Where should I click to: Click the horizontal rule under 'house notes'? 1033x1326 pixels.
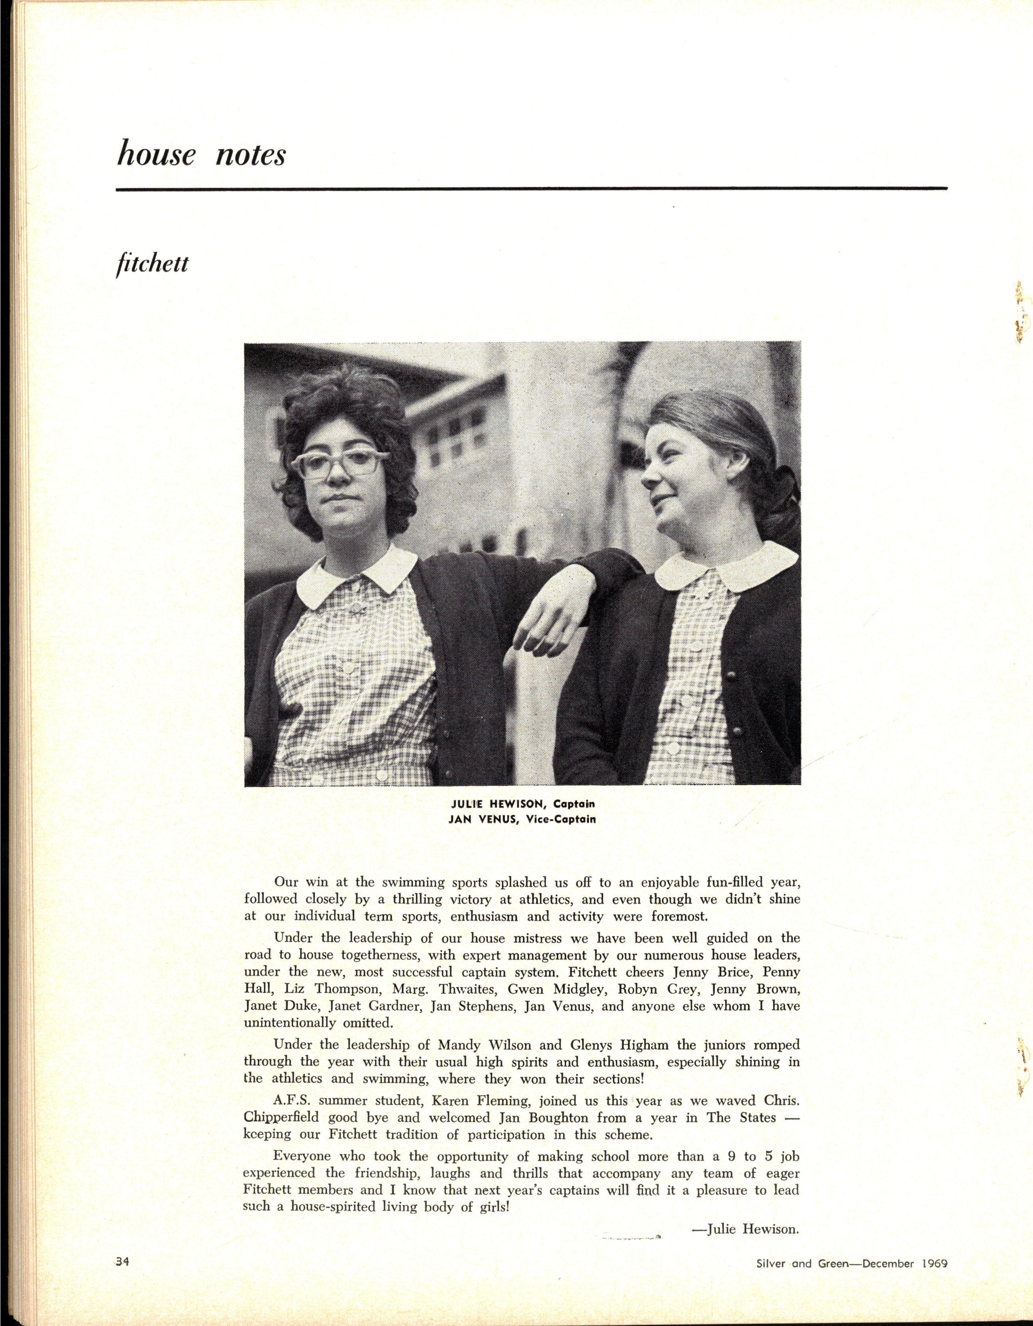click(x=531, y=189)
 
